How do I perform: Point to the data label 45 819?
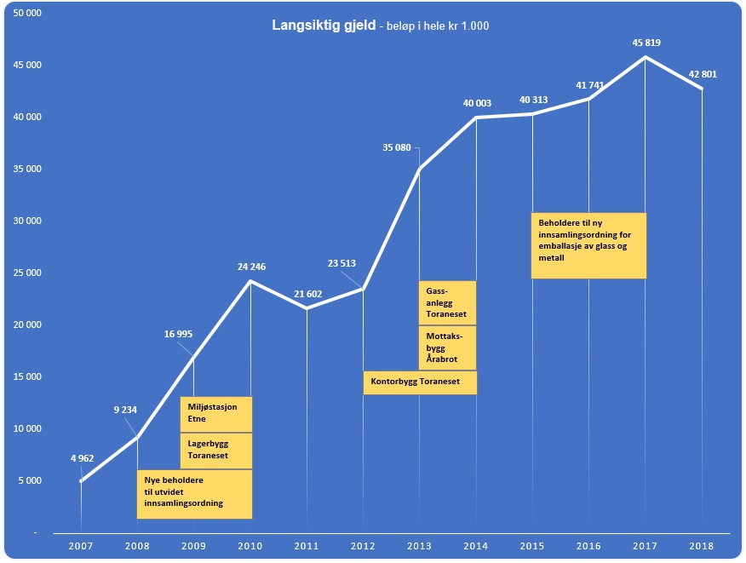pyautogui.click(x=645, y=43)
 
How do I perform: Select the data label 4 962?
pyautogui.click(x=82, y=458)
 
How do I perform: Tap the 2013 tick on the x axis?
pyautogui.click(x=419, y=544)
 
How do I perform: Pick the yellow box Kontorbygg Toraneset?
pyautogui.click(x=420, y=382)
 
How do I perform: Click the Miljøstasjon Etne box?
pyautogui.click(x=216, y=413)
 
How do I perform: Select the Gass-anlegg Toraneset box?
pyautogui.click(x=447, y=302)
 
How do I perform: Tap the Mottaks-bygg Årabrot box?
pyautogui.click(x=447, y=348)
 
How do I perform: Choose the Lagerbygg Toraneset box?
pyautogui.click(x=216, y=451)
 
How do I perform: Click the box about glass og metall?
pyautogui.click(x=588, y=245)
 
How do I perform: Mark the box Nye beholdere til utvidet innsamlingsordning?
pyautogui.click(x=195, y=494)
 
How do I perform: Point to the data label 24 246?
pyautogui.click(x=251, y=267)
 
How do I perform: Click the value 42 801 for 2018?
pyautogui.click(x=702, y=74)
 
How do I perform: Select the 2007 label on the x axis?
pyautogui.click(x=81, y=544)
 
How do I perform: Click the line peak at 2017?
pyautogui.click(x=646, y=57)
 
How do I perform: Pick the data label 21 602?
pyautogui.click(x=307, y=294)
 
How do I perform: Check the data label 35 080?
pyautogui.click(x=397, y=148)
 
